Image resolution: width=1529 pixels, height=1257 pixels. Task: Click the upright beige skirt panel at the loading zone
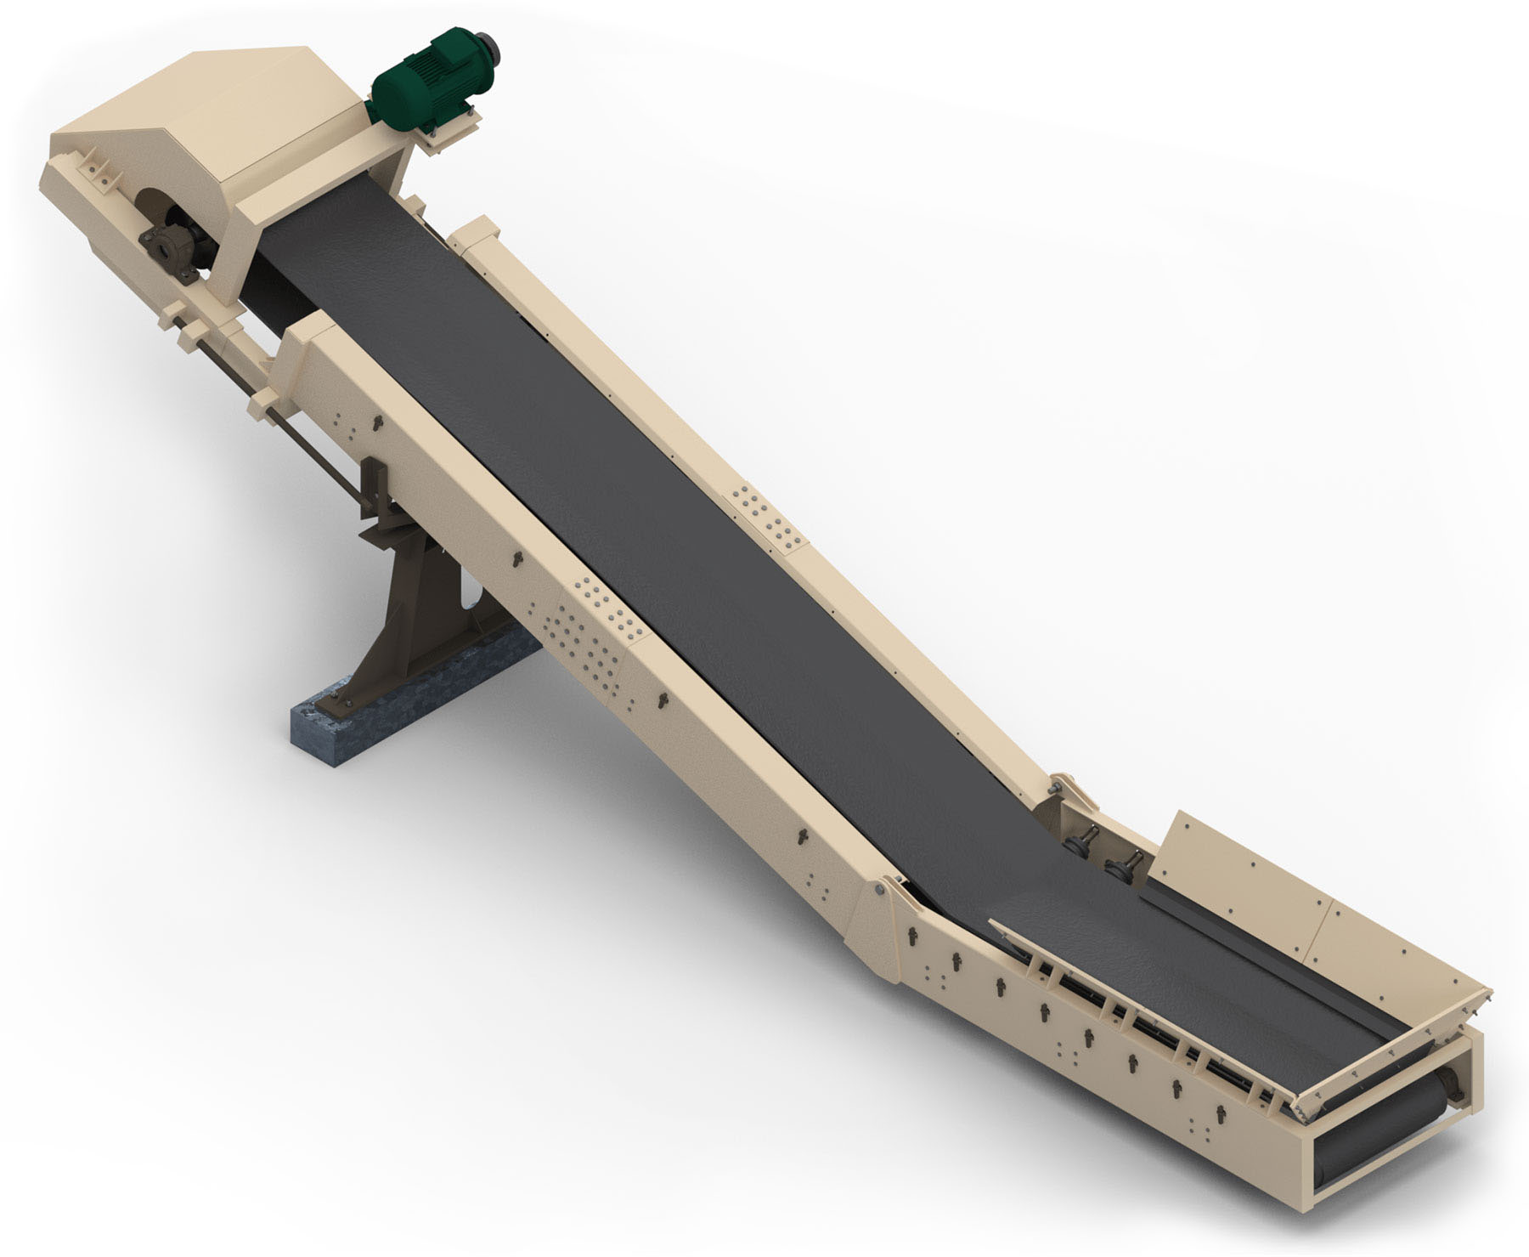[x=1223, y=858]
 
